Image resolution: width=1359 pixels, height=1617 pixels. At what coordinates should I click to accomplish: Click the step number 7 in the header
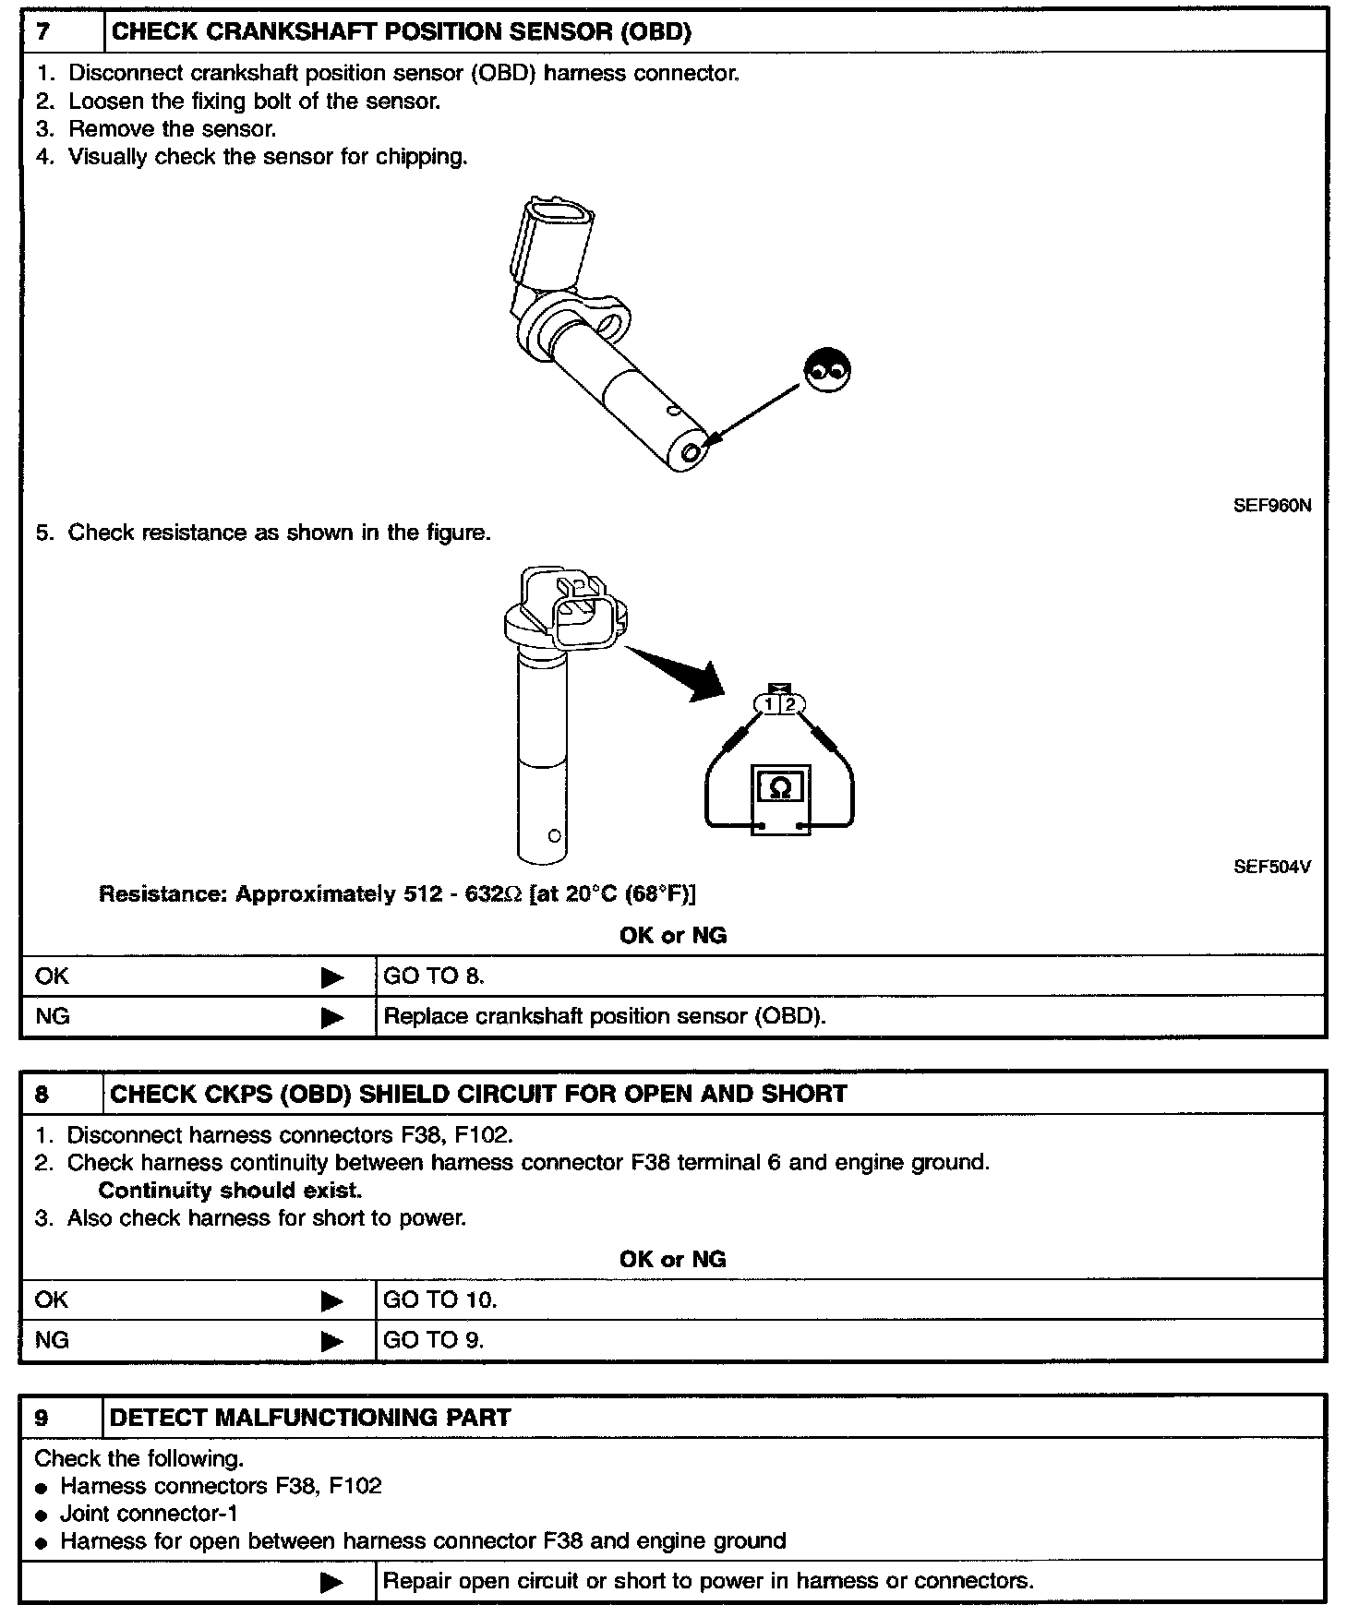tap(43, 32)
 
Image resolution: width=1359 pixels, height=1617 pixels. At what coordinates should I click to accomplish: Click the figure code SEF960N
tap(1271, 506)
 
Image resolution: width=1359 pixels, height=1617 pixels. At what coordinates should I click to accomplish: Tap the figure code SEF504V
tap(1271, 867)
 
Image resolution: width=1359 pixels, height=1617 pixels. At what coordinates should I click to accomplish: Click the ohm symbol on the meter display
tap(780, 787)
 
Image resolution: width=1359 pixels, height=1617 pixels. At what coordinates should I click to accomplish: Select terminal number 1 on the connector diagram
tap(769, 705)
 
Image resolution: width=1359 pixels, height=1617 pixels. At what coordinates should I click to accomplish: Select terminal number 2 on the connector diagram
tap(790, 705)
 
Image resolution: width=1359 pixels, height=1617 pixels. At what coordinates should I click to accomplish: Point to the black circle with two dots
tap(827, 371)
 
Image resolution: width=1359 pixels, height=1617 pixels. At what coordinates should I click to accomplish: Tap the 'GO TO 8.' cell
tap(434, 976)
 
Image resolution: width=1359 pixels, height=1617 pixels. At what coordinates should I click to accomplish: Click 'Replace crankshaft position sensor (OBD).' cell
tap(605, 1017)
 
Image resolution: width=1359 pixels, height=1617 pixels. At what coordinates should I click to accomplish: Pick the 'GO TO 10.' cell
tap(440, 1300)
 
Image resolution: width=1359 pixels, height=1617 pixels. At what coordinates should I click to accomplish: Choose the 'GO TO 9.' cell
tap(433, 1340)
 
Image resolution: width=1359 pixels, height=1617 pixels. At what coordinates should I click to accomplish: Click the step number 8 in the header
tap(42, 1095)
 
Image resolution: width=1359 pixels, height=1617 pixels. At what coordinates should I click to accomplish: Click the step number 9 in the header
tap(42, 1418)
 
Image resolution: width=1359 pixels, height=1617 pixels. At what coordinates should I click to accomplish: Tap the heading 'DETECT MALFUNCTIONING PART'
tap(310, 1418)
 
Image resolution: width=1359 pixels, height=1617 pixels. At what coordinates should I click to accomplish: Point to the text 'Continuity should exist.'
tap(230, 1191)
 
